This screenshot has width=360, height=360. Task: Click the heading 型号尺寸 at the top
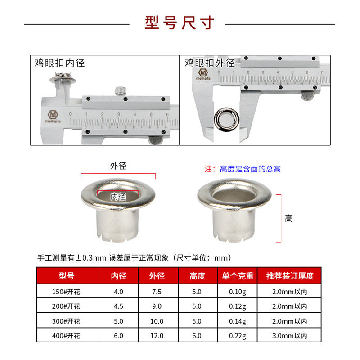tap(180, 22)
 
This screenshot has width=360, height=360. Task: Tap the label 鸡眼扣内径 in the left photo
tap(59, 63)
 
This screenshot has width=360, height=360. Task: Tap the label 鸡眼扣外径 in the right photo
tap(210, 63)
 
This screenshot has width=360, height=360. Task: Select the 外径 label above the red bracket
tap(118, 166)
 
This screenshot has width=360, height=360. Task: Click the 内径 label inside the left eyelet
tap(118, 196)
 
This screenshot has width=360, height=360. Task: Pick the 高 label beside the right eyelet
tap(289, 219)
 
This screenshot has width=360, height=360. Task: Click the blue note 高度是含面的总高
tap(250, 169)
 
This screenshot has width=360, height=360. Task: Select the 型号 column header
tap(67, 276)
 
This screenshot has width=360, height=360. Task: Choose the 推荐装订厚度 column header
tap(289, 276)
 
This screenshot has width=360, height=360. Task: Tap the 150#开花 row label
tap(67, 292)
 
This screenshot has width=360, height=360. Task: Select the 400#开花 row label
tap(67, 335)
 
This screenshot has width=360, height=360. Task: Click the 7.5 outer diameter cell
tap(157, 292)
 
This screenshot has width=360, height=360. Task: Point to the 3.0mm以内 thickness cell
tap(289, 335)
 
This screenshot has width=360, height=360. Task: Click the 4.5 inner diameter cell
tap(118, 306)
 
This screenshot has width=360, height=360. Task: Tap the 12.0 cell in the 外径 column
tap(157, 335)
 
